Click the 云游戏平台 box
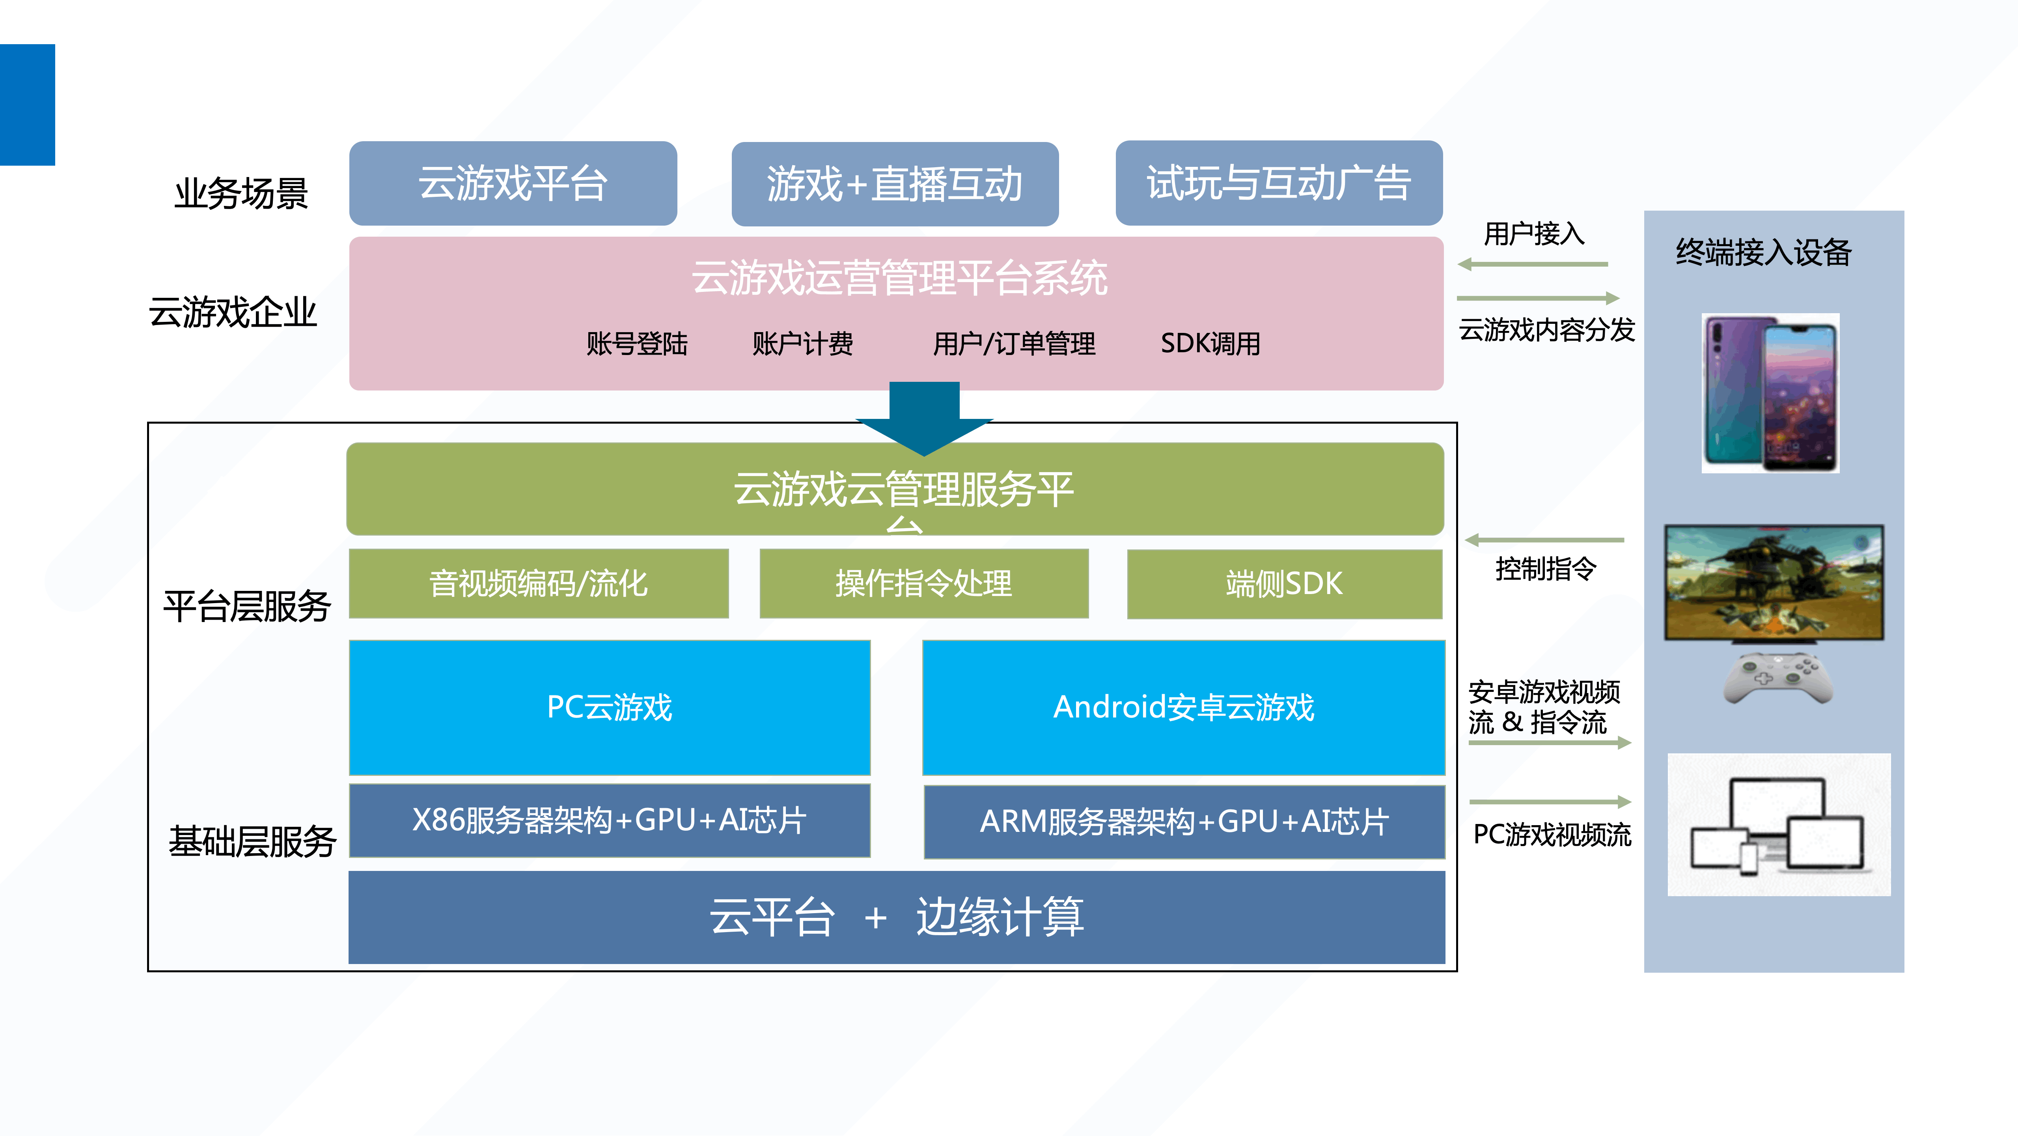coord(513,183)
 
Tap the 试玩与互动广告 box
coord(1278,183)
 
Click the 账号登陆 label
coord(637,343)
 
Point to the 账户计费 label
coord(802,343)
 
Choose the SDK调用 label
coord(1210,343)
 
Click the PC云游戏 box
coord(610,707)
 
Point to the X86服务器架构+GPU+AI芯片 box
coord(610,820)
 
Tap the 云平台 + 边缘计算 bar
coord(896,917)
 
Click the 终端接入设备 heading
coord(1763,252)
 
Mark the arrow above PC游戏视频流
coord(1550,802)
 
